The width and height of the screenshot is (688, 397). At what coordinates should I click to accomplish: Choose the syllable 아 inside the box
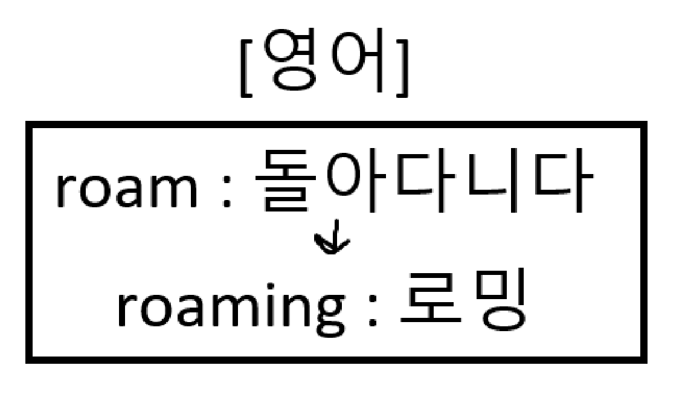[353, 181]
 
